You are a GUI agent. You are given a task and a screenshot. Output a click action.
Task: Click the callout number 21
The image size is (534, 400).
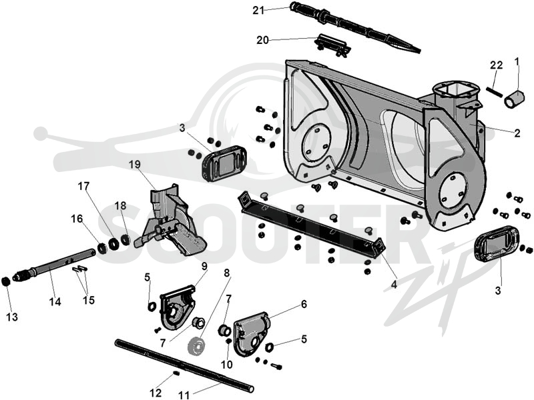click(258, 11)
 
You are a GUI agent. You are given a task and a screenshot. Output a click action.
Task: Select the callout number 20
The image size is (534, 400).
click(262, 40)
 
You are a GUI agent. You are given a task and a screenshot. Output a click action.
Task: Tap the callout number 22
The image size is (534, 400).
click(496, 65)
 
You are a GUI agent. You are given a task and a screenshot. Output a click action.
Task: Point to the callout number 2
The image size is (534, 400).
click(517, 133)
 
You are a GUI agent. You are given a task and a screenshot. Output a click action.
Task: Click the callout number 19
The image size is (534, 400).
click(135, 165)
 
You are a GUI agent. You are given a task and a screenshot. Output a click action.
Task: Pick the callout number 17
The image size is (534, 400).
click(83, 187)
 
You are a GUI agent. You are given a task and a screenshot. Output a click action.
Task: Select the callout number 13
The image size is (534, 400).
click(12, 317)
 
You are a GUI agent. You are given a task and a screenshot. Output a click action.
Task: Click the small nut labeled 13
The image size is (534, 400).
click(5, 282)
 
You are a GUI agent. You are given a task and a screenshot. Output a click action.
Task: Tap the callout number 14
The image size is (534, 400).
click(55, 302)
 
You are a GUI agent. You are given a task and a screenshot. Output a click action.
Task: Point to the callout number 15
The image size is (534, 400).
click(89, 301)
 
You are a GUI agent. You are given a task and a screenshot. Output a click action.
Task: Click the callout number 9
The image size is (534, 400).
click(204, 266)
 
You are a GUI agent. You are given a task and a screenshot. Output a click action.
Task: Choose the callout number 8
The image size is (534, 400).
click(227, 273)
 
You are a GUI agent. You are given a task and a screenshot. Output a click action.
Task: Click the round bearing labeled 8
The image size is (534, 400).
click(196, 347)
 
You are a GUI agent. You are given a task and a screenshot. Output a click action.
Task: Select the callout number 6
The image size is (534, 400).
click(304, 304)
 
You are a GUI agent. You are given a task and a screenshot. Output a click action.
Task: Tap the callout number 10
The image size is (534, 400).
click(227, 365)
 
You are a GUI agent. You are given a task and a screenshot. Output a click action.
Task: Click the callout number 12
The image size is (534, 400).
click(156, 393)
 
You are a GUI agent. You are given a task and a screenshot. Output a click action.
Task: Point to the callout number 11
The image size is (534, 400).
click(184, 395)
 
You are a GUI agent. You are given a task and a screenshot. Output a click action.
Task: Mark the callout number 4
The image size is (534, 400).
click(394, 285)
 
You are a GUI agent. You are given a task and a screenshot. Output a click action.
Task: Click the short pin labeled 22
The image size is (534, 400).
click(494, 92)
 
